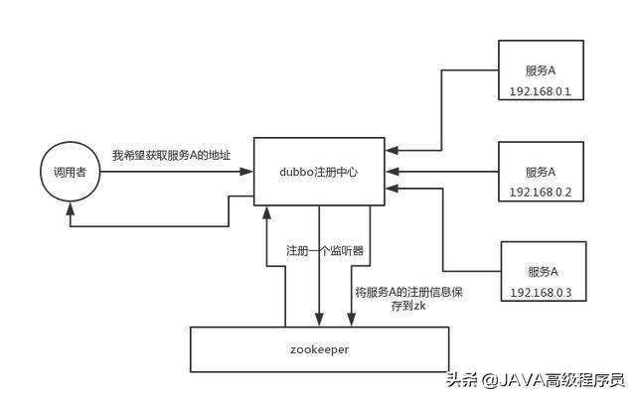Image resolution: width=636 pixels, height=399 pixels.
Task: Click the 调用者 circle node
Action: tap(70, 173)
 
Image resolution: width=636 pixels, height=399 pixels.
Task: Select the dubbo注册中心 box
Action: tap(319, 171)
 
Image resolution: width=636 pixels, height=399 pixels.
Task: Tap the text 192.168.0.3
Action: tap(542, 293)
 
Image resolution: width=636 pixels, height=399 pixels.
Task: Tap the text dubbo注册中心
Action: tap(319, 172)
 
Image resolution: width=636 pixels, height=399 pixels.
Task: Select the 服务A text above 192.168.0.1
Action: tap(541, 70)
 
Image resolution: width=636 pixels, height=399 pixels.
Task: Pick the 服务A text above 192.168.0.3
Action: tap(542, 271)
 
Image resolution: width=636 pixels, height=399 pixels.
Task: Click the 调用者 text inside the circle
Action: tap(70, 173)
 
